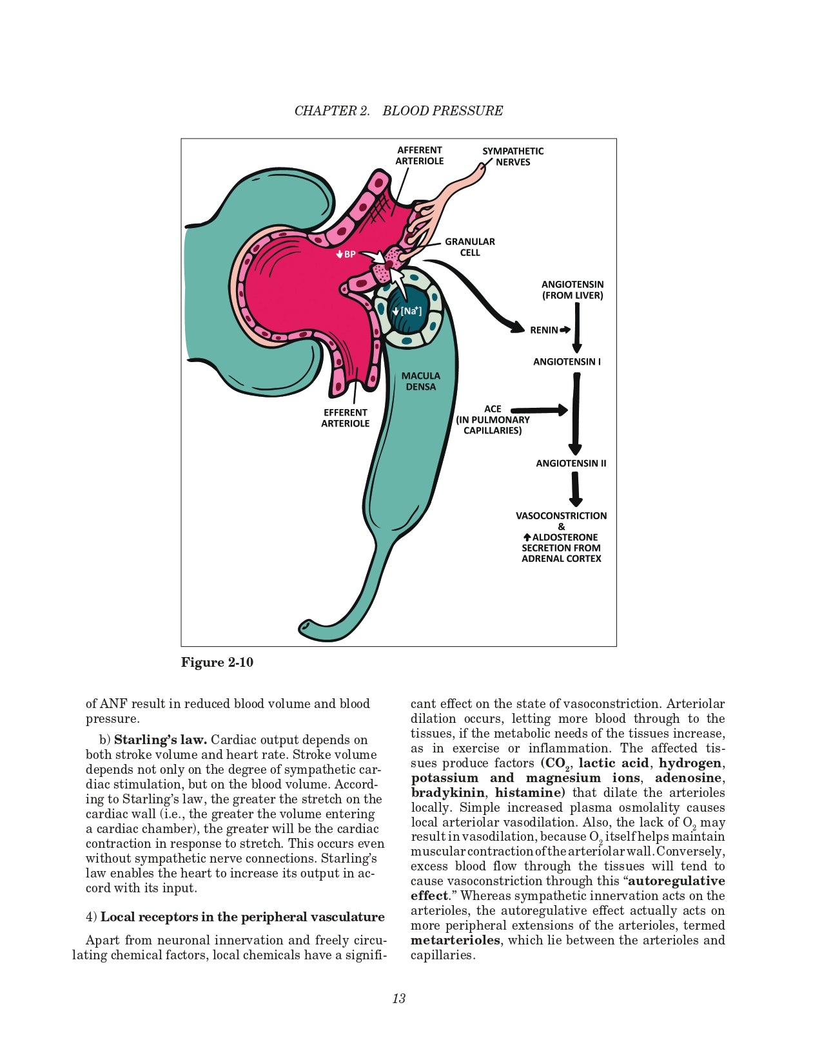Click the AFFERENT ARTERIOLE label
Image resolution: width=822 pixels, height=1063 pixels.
[420, 155]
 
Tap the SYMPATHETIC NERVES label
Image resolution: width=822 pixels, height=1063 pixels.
[513, 157]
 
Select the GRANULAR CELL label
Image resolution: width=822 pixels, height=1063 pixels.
[469, 247]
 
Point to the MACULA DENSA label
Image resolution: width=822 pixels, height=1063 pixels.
[420, 381]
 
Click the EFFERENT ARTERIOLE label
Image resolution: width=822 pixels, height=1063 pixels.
[346, 417]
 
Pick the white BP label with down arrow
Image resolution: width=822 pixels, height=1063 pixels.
[346, 254]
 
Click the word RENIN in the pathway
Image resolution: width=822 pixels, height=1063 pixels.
[544, 330]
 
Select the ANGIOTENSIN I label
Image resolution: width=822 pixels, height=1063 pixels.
[567, 361]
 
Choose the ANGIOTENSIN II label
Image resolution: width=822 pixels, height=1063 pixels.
[571, 463]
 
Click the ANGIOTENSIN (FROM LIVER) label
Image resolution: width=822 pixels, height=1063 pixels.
[572, 290]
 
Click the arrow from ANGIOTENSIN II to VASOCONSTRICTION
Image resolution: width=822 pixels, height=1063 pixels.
[576, 490]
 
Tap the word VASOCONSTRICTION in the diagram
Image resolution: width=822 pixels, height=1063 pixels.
[561, 515]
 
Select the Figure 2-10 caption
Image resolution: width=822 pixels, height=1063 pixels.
[217, 662]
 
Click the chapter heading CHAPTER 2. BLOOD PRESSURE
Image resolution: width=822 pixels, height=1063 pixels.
[398, 111]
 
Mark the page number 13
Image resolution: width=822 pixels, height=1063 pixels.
[398, 998]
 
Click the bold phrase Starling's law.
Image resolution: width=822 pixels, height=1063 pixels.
[160, 740]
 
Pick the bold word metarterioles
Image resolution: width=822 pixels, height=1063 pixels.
[455, 940]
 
